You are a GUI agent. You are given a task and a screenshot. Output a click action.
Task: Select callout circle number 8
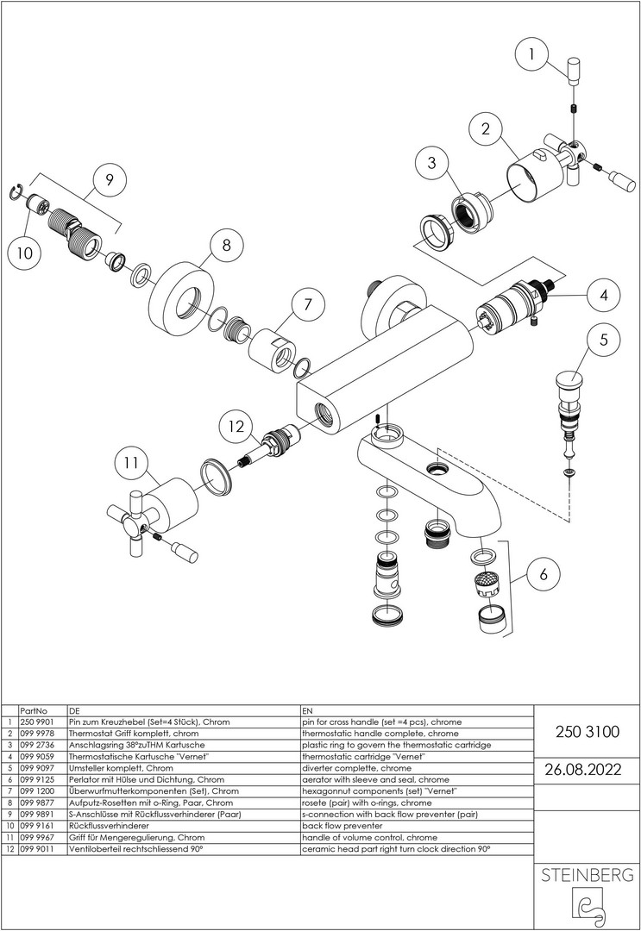[226, 246]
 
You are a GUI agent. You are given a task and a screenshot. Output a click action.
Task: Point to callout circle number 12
[236, 425]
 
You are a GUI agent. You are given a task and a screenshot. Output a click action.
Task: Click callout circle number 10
[25, 253]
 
